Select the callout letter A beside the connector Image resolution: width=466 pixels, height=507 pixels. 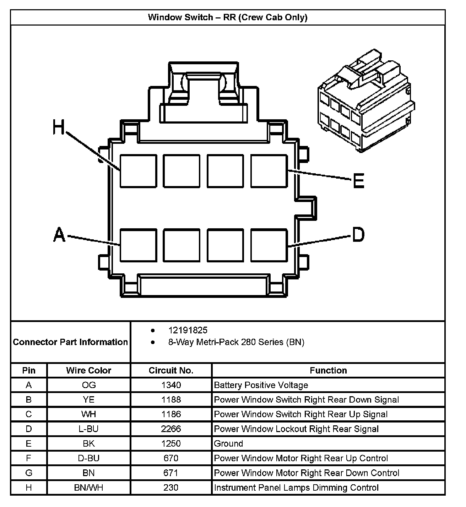coord(59,235)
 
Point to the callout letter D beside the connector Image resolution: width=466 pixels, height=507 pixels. coord(358,235)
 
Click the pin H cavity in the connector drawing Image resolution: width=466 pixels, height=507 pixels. coord(138,171)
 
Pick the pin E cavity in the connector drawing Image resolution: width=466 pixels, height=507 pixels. coord(269,171)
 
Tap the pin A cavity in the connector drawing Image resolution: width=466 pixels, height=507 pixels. coord(138,245)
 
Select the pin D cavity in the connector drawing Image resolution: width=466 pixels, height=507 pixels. coord(269,245)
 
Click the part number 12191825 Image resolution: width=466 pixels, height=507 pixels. coord(188,330)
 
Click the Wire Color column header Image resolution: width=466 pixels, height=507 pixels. coord(88,370)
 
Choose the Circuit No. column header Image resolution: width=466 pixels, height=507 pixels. coord(171,370)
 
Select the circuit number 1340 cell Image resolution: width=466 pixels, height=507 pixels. coord(171,385)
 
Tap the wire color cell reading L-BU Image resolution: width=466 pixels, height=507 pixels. coord(88,429)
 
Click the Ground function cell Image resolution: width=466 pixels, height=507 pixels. coord(228,443)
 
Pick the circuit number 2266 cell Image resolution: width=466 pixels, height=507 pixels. coord(171,429)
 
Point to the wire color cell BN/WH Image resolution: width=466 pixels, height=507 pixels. coord(88,487)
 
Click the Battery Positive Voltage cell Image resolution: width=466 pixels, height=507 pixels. coord(261,385)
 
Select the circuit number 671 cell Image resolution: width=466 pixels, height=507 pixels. coord(171,473)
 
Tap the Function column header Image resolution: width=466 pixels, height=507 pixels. coord(328,370)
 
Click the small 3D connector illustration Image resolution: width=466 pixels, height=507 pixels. coord(366,101)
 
